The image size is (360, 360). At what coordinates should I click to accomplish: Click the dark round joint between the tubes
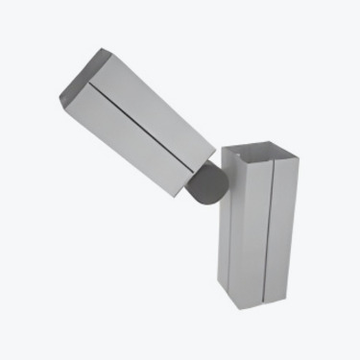click(205, 183)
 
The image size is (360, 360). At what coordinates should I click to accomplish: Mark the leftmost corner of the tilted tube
click(59, 99)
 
